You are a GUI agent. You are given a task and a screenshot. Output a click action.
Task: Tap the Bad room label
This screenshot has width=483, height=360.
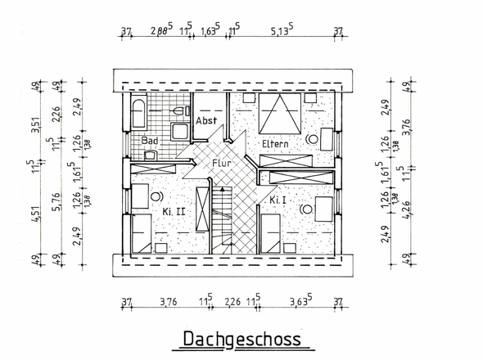(x=149, y=141)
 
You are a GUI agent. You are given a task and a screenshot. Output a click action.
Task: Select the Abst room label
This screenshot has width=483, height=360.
(x=207, y=120)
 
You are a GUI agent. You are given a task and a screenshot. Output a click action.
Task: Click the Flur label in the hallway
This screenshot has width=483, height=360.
(x=223, y=163)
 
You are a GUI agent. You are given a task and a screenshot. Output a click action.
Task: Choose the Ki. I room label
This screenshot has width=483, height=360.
(x=278, y=199)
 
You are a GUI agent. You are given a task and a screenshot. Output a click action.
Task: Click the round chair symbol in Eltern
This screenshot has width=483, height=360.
(x=311, y=138)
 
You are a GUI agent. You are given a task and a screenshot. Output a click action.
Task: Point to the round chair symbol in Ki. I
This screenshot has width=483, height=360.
(x=307, y=209)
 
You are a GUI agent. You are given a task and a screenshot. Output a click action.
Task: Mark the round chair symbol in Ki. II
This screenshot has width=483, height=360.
(x=156, y=196)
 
